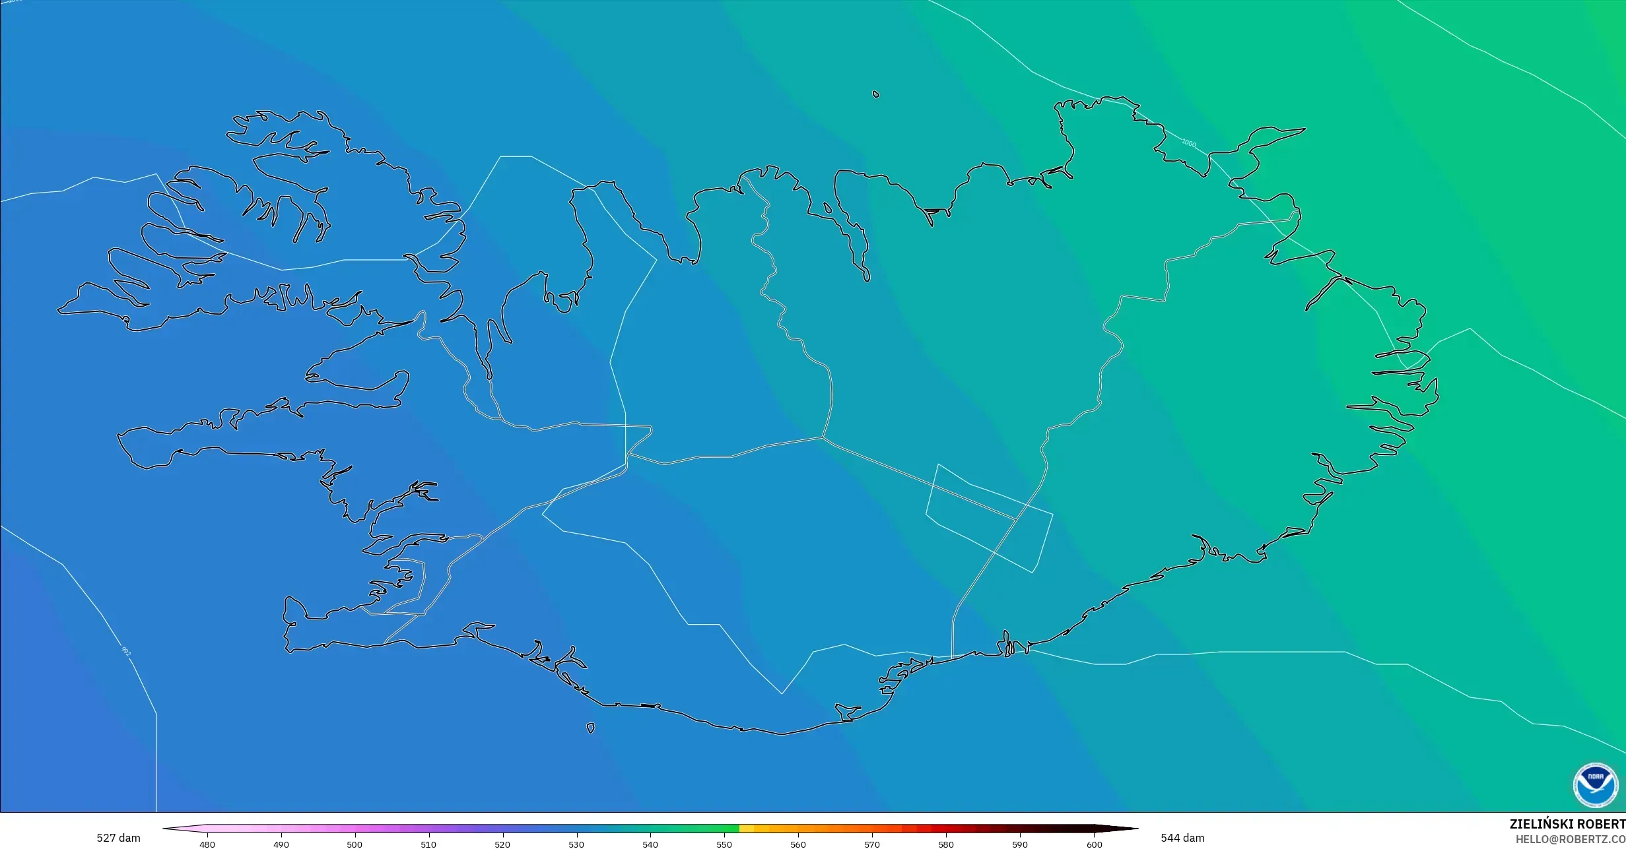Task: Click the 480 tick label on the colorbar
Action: coord(207,844)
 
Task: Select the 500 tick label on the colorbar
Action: coord(355,844)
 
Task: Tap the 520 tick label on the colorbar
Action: coord(502,844)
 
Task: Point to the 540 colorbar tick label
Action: coord(650,844)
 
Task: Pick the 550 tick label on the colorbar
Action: coord(724,844)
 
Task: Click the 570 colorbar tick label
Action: coord(872,844)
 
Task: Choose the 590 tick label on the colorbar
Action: coord(1020,844)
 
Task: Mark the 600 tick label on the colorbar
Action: coord(1094,844)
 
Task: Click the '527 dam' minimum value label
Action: coord(118,838)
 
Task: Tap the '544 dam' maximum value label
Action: coord(1182,838)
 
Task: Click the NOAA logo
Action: coord(1595,785)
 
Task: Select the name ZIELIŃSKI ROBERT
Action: coord(1567,824)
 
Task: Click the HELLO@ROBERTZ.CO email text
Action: coord(1570,839)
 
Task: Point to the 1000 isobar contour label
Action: coord(1188,143)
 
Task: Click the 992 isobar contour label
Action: coord(126,652)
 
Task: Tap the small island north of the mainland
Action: coord(876,94)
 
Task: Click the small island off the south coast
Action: coord(591,728)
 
